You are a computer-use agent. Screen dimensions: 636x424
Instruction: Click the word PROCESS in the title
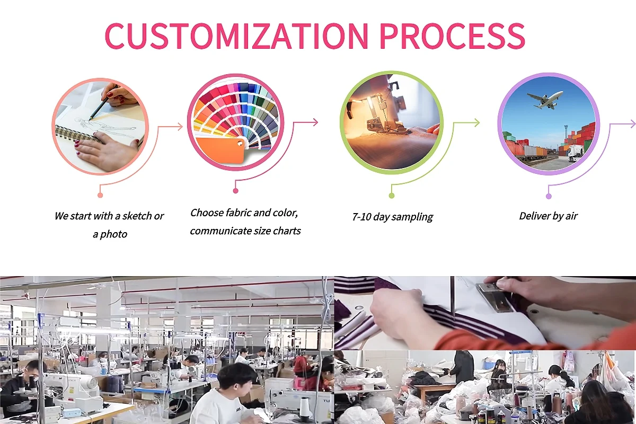click(452, 36)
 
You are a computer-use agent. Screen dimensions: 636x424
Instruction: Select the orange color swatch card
click(220, 149)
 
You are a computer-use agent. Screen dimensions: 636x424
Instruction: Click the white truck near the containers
click(575, 153)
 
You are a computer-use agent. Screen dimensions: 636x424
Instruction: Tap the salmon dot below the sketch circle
click(100, 195)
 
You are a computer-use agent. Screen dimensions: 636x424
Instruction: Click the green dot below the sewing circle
click(392, 196)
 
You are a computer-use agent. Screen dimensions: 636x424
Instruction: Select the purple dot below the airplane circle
click(549, 196)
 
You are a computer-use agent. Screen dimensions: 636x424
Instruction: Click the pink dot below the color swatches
click(235, 191)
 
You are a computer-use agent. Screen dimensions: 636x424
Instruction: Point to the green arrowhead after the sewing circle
click(476, 123)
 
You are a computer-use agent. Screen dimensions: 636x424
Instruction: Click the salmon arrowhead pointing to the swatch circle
click(180, 127)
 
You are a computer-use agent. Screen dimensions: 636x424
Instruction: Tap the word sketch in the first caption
click(137, 216)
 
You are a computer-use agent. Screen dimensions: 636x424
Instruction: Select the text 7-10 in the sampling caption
click(361, 217)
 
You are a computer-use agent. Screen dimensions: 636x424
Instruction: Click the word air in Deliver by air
click(571, 216)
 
